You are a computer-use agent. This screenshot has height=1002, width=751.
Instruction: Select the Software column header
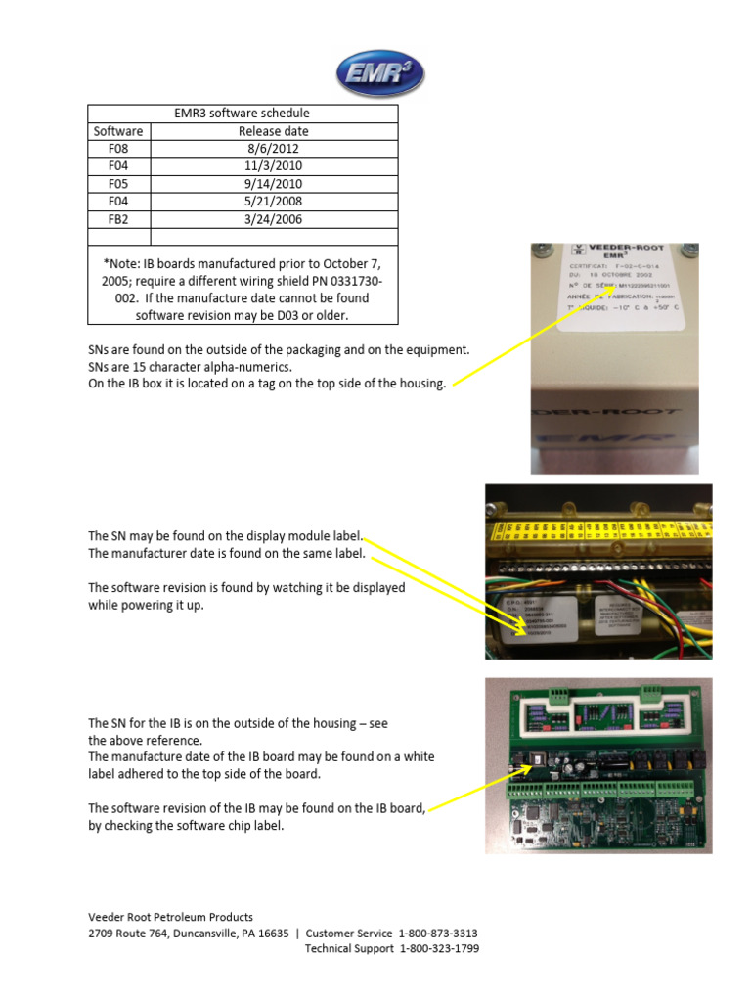[118, 131]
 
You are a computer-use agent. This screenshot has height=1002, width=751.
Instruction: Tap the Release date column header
[274, 131]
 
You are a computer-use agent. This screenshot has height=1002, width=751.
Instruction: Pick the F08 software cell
[118, 149]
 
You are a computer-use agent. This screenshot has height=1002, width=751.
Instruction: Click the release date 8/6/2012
[274, 149]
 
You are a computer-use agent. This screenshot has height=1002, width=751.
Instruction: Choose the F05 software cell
[118, 184]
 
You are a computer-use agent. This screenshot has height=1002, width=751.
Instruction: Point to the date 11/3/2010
[274, 166]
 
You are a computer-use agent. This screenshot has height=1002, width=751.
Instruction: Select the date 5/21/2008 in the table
[274, 202]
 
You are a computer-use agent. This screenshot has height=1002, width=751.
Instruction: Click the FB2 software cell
[118, 219]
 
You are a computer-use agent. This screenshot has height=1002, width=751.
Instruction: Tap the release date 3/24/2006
[274, 219]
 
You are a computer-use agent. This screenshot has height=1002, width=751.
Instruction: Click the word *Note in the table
[121, 264]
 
